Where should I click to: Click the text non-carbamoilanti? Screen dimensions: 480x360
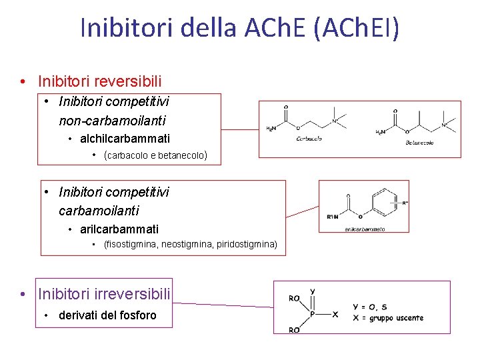pyautogui.click(x=112, y=121)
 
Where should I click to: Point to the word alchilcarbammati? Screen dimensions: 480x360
pyautogui.click(x=125, y=139)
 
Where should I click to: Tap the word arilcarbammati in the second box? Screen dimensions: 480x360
pyautogui.click(x=119, y=229)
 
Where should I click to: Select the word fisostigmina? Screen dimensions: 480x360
pyautogui.click(x=131, y=245)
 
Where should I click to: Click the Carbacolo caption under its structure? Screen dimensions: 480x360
pyautogui.click(x=309, y=139)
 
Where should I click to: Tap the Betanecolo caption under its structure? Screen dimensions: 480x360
pyautogui.click(x=420, y=143)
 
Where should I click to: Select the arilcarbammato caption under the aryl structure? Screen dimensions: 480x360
pyautogui.click(x=365, y=229)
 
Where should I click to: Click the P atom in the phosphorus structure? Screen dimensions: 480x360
pyautogui.click(x=311, y=313)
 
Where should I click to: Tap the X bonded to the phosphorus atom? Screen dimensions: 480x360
pyautogui.click(x=335, y=314)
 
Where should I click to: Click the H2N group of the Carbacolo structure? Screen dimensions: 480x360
pyautogui.click(x=273, y=129)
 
